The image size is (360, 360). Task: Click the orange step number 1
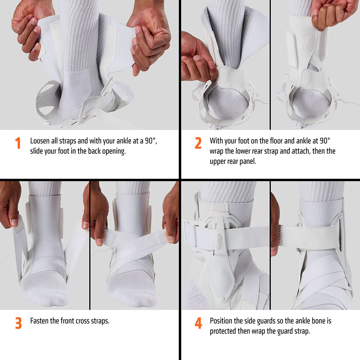point(18,143)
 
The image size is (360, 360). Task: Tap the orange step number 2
point(198,143)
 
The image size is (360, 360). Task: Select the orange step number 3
point(18,323)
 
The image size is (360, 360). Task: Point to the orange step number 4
point(198,323)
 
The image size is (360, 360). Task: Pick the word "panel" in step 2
point(248,162)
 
